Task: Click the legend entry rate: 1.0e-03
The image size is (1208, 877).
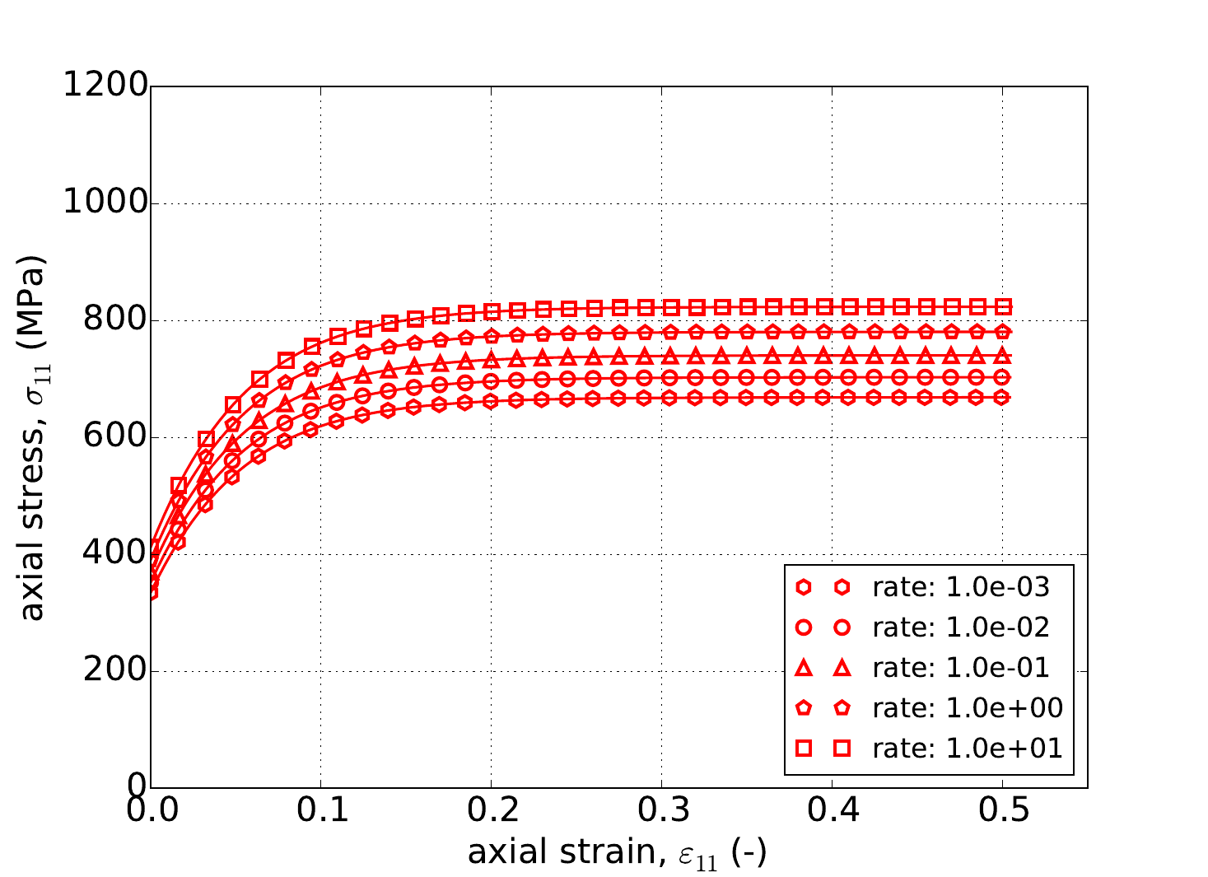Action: point(961,587)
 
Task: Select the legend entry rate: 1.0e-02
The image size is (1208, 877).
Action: point(961,627)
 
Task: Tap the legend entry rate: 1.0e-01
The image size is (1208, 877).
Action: point(961,667)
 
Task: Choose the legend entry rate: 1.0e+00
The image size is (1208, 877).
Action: point(968,707)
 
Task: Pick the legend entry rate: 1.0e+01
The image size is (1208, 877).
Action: point(968,748)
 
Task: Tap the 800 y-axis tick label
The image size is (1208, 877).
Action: point(115,320)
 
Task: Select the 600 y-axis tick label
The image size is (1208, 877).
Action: point(115,437)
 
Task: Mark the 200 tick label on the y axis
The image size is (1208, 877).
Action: point(115,671)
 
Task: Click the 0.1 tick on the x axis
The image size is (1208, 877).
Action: point(321,811)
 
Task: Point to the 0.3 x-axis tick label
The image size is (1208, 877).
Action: point(661,811)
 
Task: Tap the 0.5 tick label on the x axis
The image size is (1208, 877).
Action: point(1002,811)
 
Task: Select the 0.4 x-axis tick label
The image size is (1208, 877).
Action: point(832,811)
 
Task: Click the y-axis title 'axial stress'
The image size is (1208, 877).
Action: point(33,437)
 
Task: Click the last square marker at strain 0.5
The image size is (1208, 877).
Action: point(1003,306)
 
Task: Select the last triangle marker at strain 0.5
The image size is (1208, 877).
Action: point(1003,356)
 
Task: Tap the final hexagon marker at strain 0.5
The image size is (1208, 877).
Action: point(1003,397)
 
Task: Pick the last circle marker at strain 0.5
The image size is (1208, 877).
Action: point(1003,377)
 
